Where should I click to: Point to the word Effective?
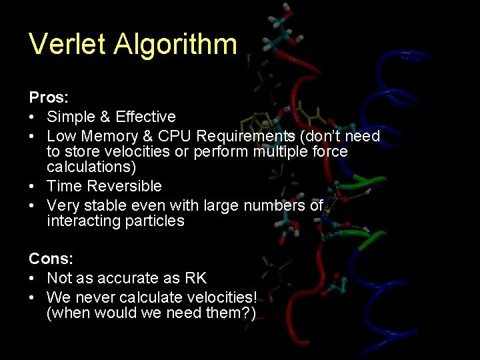coord(145,117)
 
